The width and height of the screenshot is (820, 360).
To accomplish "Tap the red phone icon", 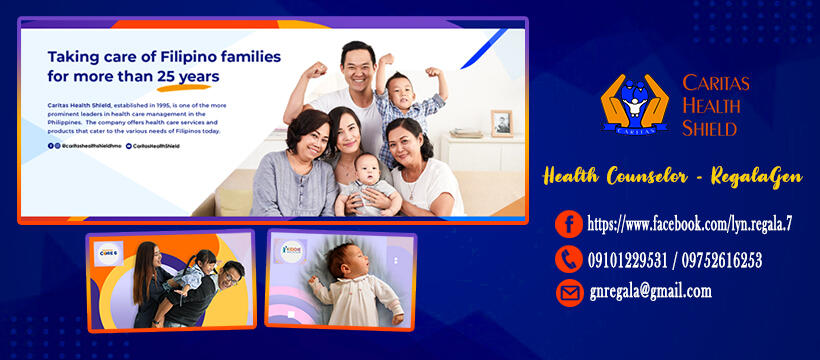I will coord(569,260).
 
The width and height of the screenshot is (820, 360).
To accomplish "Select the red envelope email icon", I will coord(569,292).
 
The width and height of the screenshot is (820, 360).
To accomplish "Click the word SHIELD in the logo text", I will coord(709,128).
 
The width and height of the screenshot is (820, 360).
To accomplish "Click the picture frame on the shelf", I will coord(501,122).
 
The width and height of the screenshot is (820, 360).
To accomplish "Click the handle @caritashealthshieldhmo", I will coord(95,146).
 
